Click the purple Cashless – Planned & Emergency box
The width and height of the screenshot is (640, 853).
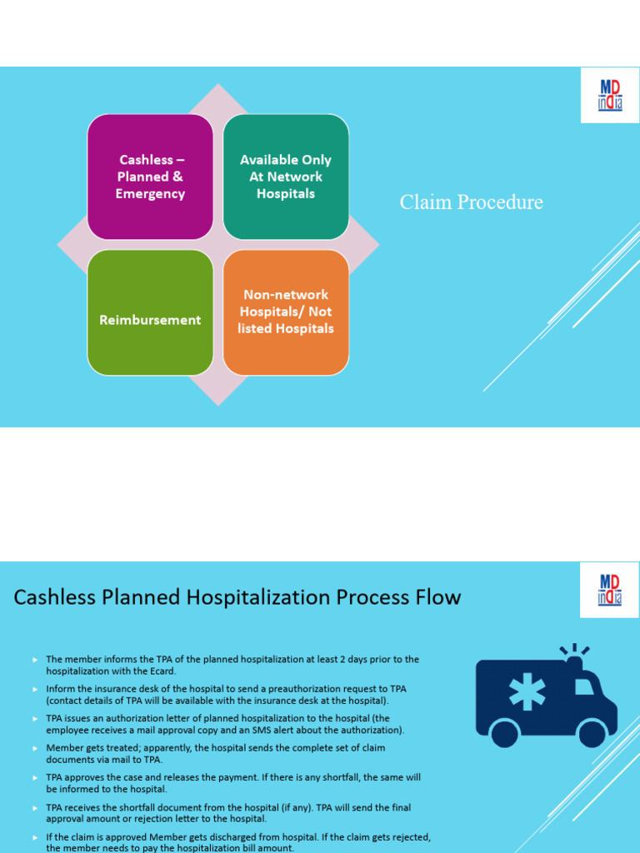[150, 177]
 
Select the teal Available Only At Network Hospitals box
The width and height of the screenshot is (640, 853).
[286, 177]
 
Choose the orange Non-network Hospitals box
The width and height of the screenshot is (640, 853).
[286, 312]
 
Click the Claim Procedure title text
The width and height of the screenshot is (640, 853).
[471, 202]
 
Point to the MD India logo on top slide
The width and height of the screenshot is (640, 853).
[610, 96]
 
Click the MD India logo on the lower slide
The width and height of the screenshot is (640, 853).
[610, 589]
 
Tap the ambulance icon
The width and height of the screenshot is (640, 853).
[546, 696]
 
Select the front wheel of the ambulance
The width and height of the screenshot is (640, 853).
[592, 733]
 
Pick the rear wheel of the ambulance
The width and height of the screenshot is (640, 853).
[504, 733]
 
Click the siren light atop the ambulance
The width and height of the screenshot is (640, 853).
[574, 659]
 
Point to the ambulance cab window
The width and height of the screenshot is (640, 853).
[584, 686]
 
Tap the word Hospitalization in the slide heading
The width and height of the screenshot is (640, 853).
[255, 597]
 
